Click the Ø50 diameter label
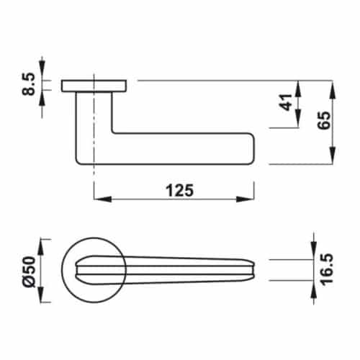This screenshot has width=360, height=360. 30,271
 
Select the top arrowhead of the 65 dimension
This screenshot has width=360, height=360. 332,86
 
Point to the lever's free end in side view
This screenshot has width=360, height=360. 248,148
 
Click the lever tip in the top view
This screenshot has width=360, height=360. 252,269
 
